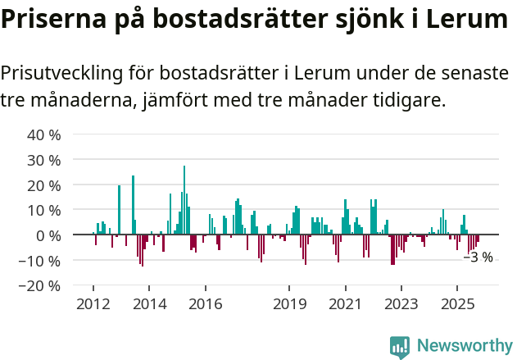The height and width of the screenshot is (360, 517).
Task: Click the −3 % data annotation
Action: point(478,257)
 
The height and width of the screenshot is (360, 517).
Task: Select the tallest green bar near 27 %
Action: point(184,201)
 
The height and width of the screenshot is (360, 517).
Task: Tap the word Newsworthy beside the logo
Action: point(464,346)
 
